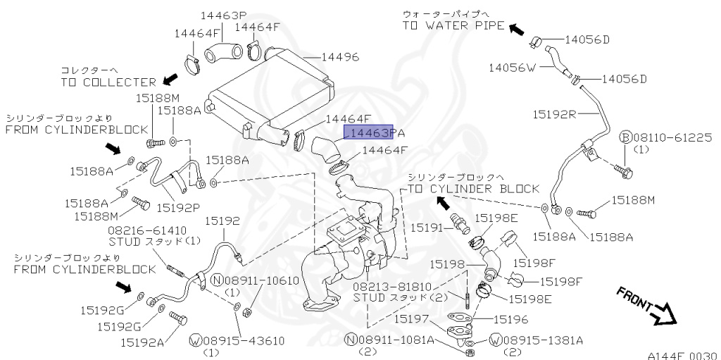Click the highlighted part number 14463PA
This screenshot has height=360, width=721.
(373, 132)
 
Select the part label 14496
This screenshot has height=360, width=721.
(340, 57)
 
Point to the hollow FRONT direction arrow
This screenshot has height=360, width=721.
(663, 314)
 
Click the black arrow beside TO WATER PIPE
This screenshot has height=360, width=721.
(516, 28)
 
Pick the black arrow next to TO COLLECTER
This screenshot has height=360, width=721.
(170, 80)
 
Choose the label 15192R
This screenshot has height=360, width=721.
(554, 113)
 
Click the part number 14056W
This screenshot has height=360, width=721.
(513, 67)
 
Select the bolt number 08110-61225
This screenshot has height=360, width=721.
(672, 137)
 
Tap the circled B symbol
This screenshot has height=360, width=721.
(625, 137)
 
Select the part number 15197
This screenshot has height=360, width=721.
(412, 319)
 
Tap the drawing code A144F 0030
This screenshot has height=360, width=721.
(683, 355)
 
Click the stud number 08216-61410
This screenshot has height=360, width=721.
(147, 230)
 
